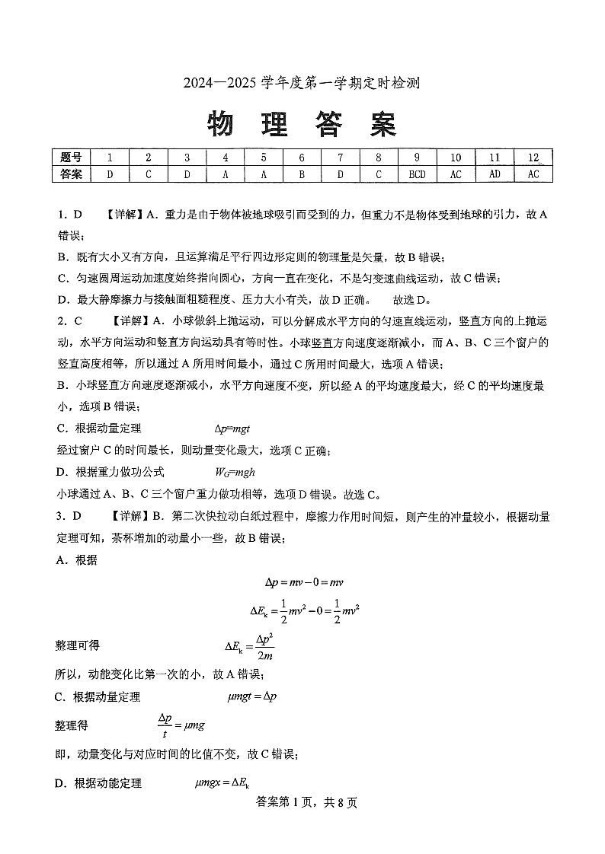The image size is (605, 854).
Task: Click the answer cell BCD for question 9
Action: coord(418,174)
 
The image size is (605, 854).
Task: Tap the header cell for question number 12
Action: coord(533,158)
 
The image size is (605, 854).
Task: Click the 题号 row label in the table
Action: coord(70,158)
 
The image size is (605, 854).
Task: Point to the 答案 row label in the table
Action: coord(70,174)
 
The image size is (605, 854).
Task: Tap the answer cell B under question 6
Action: coord(302,174)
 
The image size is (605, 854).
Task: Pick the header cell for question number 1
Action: coord(110,158)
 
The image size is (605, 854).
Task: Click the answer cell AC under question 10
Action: coord(456,174)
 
